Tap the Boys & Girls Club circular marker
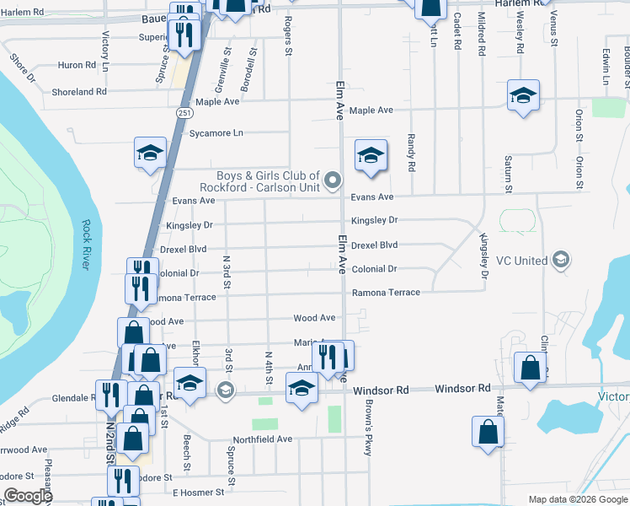[x=334, y=179]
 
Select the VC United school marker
[x=559, y=261]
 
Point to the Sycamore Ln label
[x=216, y=133]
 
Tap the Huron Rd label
[x=83, y=65]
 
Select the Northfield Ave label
[x=262, y=439]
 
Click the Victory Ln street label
[x=105, y=51]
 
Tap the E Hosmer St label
[x=198, y=492]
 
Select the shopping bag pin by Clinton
[x=530, y=369]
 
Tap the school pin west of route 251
[x=150, y=153]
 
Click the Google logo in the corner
[x=28, y=496]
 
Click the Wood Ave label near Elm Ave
[x=314, y=319]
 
